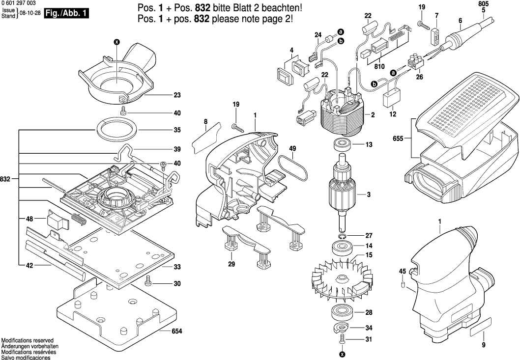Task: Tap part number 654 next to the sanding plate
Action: [176, 332]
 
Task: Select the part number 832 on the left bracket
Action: [6, 179]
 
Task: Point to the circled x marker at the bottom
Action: [343, 354]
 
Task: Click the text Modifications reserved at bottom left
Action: [28, 340]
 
